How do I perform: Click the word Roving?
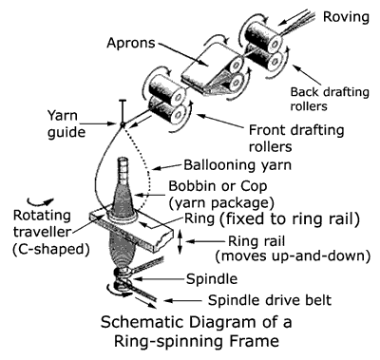point(346,16)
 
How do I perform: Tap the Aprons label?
point(131,43)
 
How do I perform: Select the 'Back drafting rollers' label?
point(330,99)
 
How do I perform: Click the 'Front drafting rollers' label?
point(296,139)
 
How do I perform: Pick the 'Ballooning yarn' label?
point(237,165)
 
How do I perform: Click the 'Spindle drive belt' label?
point(270,300)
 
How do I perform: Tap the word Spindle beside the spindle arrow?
point(212,279)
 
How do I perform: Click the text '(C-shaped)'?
point(51,249)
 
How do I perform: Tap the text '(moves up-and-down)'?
point(293,256)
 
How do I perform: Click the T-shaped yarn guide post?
point(123,112)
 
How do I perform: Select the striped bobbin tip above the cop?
point(123,169)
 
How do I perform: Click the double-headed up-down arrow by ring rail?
point(180,242)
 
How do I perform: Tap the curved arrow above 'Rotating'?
point(41,202)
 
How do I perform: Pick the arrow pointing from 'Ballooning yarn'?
point(167,167)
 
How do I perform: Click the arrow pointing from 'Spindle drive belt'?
point(183,300)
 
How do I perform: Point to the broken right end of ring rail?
point(167,239)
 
